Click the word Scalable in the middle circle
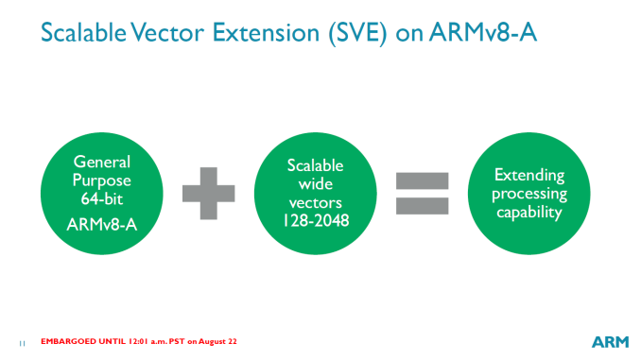pos(309,165)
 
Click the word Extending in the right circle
pos(529,176)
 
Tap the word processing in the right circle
pos(529,194)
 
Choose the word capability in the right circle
pos(529,212)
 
